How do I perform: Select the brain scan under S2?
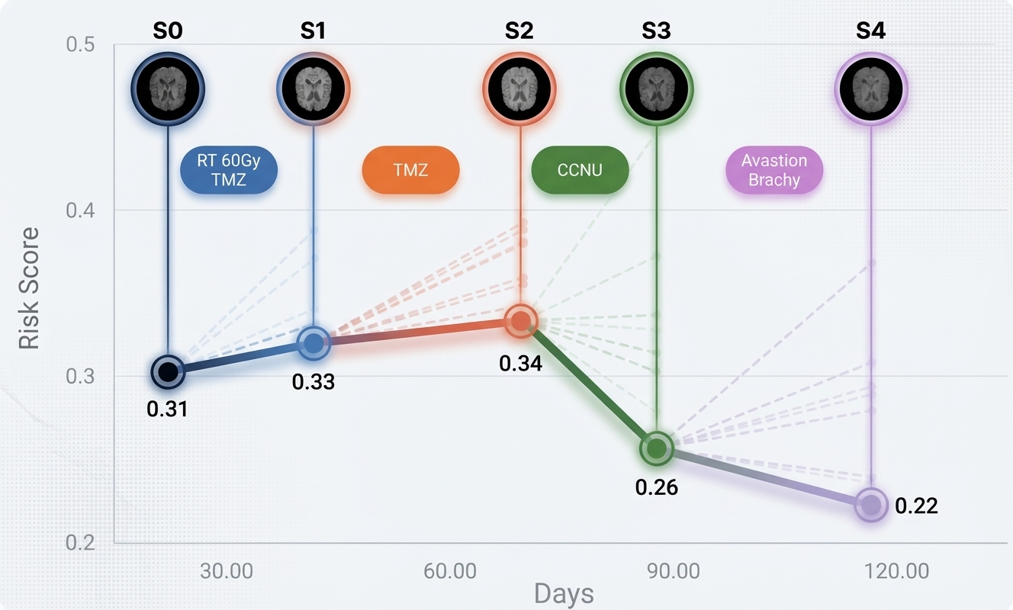(520, 89)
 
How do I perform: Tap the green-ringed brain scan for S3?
(656, 89)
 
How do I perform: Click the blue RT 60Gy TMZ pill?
(229, 170)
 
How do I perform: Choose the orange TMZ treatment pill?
(410, 169)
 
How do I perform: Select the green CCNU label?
(580, 169)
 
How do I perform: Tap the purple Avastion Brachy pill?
(773, 170)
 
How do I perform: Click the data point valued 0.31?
(168, 372)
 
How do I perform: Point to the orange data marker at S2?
(520, 321)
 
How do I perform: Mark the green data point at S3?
(656, 448)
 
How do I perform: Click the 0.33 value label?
(314, 381)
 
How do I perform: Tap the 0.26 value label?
(656, 486)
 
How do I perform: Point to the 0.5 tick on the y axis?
(80, 44)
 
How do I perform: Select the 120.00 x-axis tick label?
(897, 571)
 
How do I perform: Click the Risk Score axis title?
(29, 288)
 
